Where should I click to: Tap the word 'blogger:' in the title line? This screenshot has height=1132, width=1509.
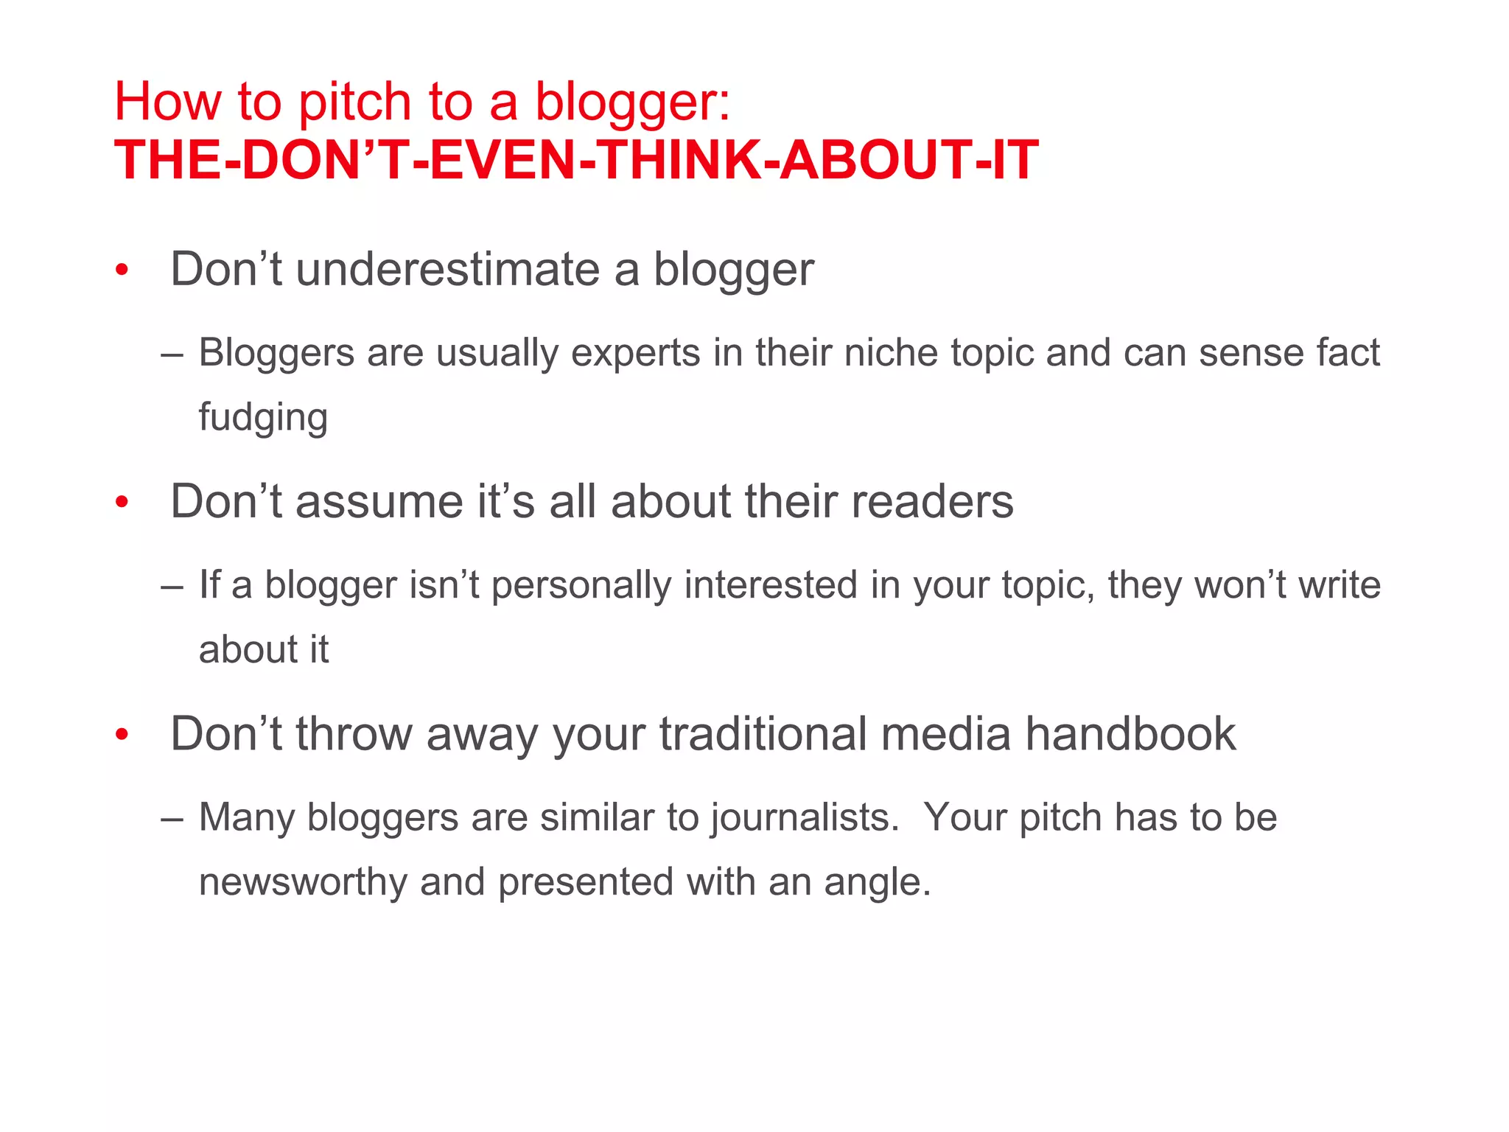[632, 102]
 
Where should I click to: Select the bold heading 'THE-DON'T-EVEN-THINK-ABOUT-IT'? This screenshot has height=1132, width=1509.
[576, 161]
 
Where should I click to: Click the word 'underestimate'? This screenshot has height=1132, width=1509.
[448, 269]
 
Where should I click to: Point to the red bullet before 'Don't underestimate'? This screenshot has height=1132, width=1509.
[122, 270]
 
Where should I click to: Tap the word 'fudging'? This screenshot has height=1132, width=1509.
[263, 418]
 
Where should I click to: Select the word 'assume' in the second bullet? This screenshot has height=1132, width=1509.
[379, 502]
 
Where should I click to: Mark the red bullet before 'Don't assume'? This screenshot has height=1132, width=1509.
[122, 503]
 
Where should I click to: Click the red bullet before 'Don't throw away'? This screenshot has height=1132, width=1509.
[122, 736]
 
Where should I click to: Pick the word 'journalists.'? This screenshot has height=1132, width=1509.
[805, 818]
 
